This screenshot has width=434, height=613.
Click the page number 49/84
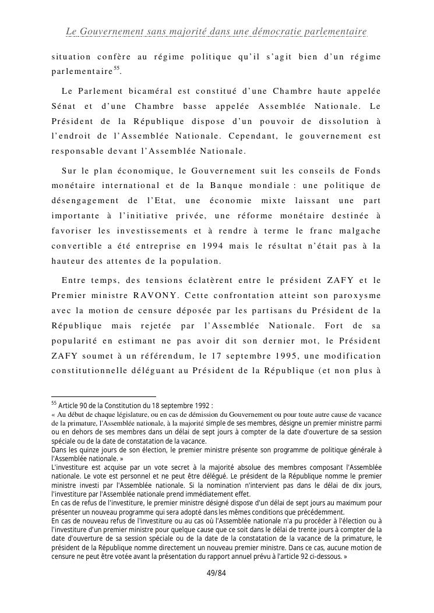click(x=216, y=573)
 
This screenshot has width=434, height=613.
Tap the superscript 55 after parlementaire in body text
click(x=117, y=68)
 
